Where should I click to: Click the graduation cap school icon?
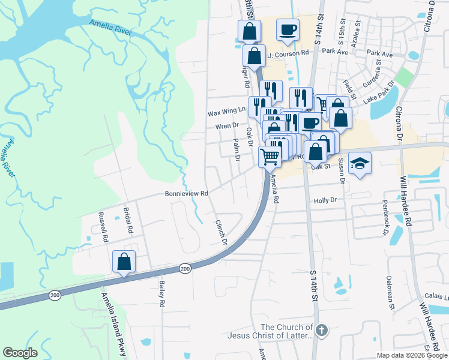(x=360, y=163)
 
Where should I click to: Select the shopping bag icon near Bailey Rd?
(x=124, y=262)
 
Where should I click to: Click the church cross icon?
(x=322, y=329)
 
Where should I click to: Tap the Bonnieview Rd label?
(x=187, y=194)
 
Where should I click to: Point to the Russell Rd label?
(x=103, y=226)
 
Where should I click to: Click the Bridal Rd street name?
(x=128, y=221)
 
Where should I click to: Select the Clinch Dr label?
(x=221, y=232)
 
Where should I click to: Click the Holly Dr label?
(x=325, y=200)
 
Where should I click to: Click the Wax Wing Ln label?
(x=226, y=112)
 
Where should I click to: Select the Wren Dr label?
(x=228, y=127)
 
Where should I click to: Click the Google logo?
(x=20, y=353)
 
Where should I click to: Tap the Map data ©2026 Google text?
(x=412, y=355)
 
